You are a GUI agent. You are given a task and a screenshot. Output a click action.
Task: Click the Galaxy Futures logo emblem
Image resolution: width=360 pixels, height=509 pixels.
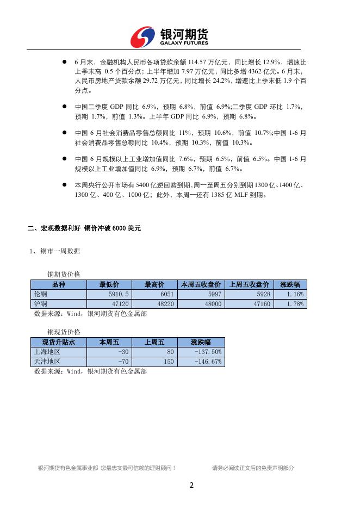pyautogui.click(x=142, y=37)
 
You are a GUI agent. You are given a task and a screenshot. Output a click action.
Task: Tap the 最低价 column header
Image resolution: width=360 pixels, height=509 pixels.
pyautogui.click(x=108, y=284)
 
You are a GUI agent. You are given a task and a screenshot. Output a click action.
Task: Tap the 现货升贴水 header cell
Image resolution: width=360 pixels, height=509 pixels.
pyautogui.click(x=58, y=342)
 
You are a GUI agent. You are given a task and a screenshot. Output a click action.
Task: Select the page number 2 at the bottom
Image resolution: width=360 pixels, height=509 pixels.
pyautogui.click(x=191, y=485)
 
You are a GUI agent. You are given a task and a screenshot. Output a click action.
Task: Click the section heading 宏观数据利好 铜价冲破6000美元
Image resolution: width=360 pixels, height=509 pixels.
pyautogui.click(x=84, y=228)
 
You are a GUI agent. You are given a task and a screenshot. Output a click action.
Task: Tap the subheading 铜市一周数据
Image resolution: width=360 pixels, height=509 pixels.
pyautogui.click(x=55, y=251)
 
